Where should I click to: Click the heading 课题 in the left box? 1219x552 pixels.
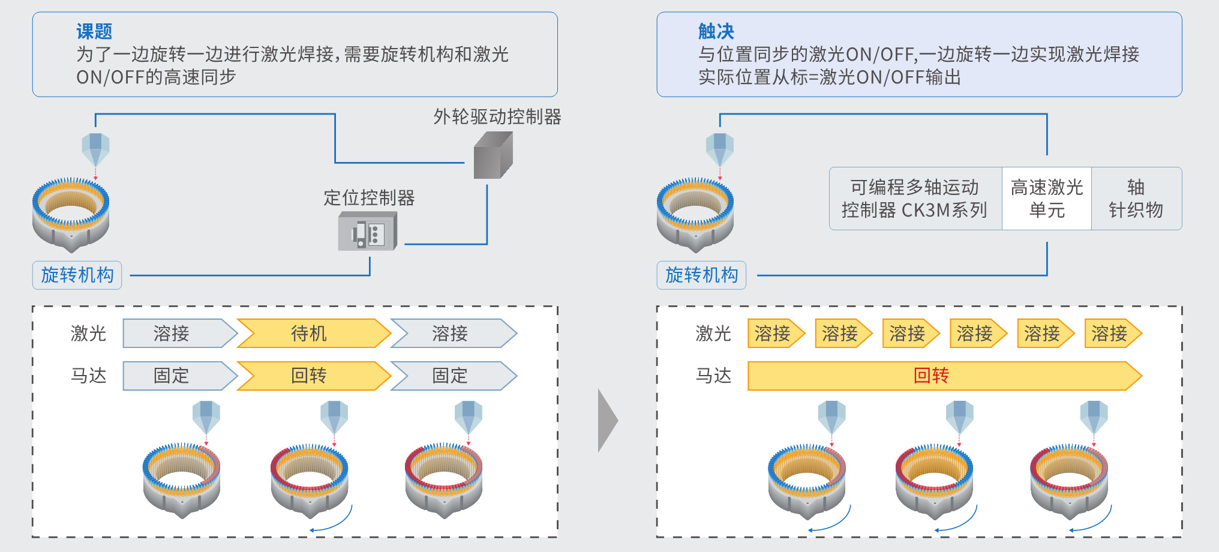[94, 31]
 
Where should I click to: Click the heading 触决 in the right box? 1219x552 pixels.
[716, 31]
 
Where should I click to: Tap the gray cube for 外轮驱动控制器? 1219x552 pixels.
[493, 156]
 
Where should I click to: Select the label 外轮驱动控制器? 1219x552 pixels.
[497, 117]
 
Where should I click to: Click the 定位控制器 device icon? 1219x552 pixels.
[367, 232]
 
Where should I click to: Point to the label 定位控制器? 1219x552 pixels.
[369, 198]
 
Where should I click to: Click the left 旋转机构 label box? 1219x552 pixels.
[77, 275]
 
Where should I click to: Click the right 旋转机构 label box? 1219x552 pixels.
[701, 275]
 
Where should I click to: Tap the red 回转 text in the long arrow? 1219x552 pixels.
[931, 376]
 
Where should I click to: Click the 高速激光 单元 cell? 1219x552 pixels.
[1047, 199]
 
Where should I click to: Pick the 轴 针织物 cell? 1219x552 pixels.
[1136, 199]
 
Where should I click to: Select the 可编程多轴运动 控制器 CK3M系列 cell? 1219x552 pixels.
[915, 199]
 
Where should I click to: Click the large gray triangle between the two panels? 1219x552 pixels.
[607, 421]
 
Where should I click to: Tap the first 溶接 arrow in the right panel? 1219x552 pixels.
[774, 334]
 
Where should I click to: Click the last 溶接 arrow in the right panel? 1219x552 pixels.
[1111, 334]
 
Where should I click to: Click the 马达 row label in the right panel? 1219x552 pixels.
[713, 376]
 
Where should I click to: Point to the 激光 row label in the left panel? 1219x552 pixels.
[88, 334]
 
